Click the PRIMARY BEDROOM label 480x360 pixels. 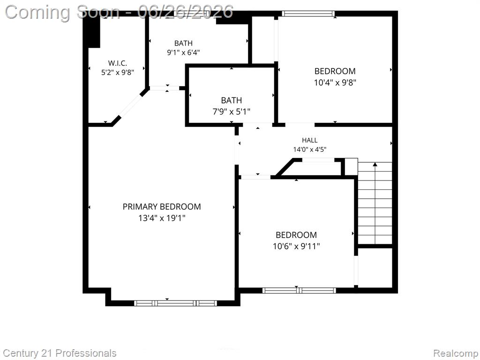click(162, 207)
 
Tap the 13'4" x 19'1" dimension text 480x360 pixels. click(162, 218)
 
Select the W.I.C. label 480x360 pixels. click(118, 63)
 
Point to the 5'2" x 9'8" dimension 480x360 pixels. click(118, 73)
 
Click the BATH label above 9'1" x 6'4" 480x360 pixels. click(183, 43)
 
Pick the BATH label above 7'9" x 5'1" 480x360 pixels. click(232, 100)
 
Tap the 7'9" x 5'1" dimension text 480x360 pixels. click(232, 112)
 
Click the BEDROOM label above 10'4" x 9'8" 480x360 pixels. click(335, 71)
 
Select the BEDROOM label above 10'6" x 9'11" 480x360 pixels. click(296, 235)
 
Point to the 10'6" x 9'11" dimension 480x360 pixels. click(296, 246)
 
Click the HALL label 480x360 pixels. click(309, 140)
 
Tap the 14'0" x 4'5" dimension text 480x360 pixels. click(309, 150)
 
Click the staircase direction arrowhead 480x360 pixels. click(375, 165)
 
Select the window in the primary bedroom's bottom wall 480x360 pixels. click(175, 303)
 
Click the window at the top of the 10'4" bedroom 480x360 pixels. click(308, 14)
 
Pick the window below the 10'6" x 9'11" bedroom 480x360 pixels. click(299, 290)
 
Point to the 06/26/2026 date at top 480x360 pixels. click(186, 12)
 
